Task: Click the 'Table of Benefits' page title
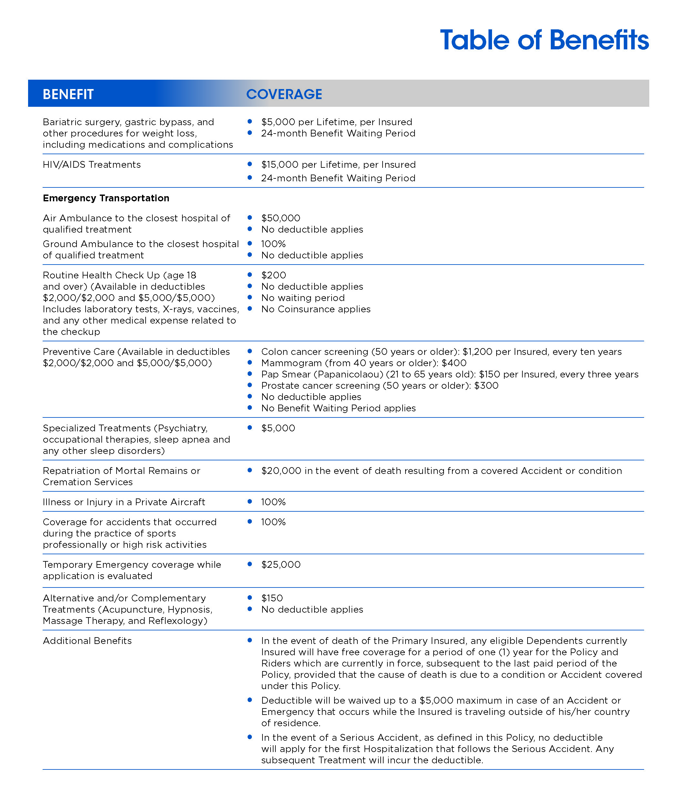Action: pyautogui.click(x=544, y=40)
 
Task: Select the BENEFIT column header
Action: pyautogui.click(x=68, y=94)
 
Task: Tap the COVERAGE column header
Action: pyautogui.click(x=284, y=94)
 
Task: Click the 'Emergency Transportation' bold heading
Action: pyautogui.click(x=106, y=198)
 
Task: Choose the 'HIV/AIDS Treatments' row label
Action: pyautogui.click(x=92, y=165)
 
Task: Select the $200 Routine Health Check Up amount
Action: pyautogui.click(x=273, y=275)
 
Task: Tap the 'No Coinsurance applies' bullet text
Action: pyautogui.click(x=316, y=309)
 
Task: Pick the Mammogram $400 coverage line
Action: pyautogui.click(x=364, y=363)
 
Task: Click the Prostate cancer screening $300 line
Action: pyautogui.click(x=380, y=386)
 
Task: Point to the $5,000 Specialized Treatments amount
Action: pyautogui.click(x=278, y=428)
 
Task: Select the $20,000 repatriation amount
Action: pyautogui.click(x=281, y=471)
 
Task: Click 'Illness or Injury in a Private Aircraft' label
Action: pyautogui.click(x=124, y=502)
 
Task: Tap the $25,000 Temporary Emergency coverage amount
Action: pyautogui.click(x=281, y=565)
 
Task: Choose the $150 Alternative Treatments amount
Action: pyautogui.click(x=272, y=598)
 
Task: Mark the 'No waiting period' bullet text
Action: pyautogui.click(x=303, y=298)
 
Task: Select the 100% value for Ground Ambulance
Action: pyautogui.click(x=273, y=244)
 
